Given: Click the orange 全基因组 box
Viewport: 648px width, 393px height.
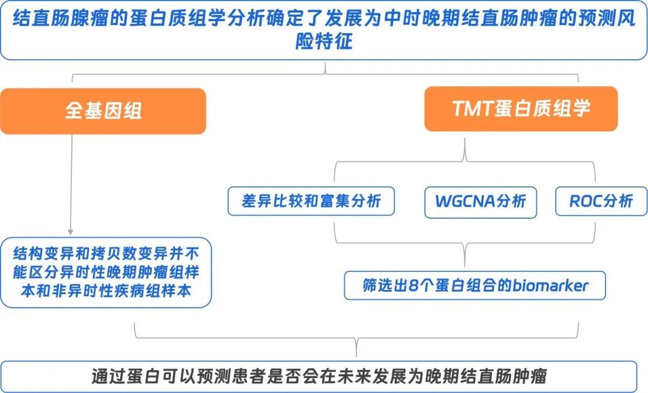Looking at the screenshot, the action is (x=103, y=111).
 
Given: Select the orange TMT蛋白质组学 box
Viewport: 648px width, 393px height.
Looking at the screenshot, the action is (x=521, y=108).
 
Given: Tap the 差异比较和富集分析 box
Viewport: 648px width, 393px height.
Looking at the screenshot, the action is (x=311, y=201).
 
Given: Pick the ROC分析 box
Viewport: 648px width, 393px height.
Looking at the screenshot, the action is (x=601, y=201).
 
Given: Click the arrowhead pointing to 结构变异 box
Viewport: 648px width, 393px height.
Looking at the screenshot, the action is (x=71, y=231).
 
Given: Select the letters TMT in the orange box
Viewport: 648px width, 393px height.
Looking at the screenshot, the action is (x=474, y=108).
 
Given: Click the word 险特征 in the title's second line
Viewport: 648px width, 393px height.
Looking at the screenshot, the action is (x=324, y=43).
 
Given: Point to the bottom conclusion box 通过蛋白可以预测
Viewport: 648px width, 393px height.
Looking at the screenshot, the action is (x=319, y=376).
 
